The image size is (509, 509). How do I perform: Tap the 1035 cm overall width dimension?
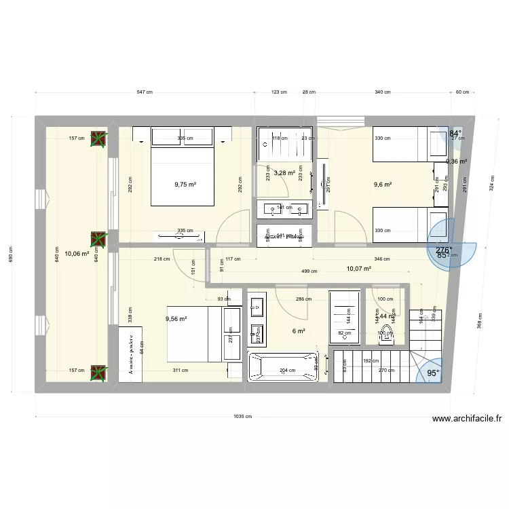(240, 417)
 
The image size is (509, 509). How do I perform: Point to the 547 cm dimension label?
(144, 92)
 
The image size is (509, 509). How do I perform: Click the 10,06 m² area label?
(76, 253)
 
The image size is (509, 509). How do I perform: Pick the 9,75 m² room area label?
(185, 184)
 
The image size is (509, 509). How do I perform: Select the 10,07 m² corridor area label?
(358, 269)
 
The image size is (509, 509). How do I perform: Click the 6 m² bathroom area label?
(299, 331)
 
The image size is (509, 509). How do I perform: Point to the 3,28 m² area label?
(284, 173)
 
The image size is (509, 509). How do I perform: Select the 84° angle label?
(455, 134)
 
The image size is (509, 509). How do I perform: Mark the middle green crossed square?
(99, 239)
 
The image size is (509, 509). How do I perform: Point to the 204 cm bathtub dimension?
(283, 371)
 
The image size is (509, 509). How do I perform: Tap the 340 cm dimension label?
(382, 92)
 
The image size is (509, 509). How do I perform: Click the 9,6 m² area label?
(383, 184)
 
